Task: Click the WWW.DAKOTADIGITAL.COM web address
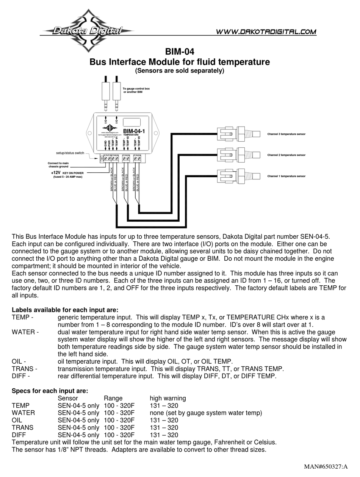click(x=266, y=32)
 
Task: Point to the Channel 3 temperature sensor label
click(x=286, y=134)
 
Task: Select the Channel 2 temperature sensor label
click(x=286, y=155)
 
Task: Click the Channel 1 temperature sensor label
click(x=286, y=176)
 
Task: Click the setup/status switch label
click(x=70, y=153)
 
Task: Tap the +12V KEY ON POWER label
click(x=67, y=173)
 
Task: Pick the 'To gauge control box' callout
click(x=136, y=90)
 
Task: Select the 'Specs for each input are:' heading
click(x=50, y=391)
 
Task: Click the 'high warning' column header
click(x=167, y=398)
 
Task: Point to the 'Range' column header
click(x=113, y=398)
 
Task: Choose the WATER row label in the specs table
click(x=23, y=413)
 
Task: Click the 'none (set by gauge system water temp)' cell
click(x=206, y=413)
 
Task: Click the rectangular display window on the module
click(x=131, y=122)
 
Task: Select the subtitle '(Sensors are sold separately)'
click(x=180, y=70)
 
